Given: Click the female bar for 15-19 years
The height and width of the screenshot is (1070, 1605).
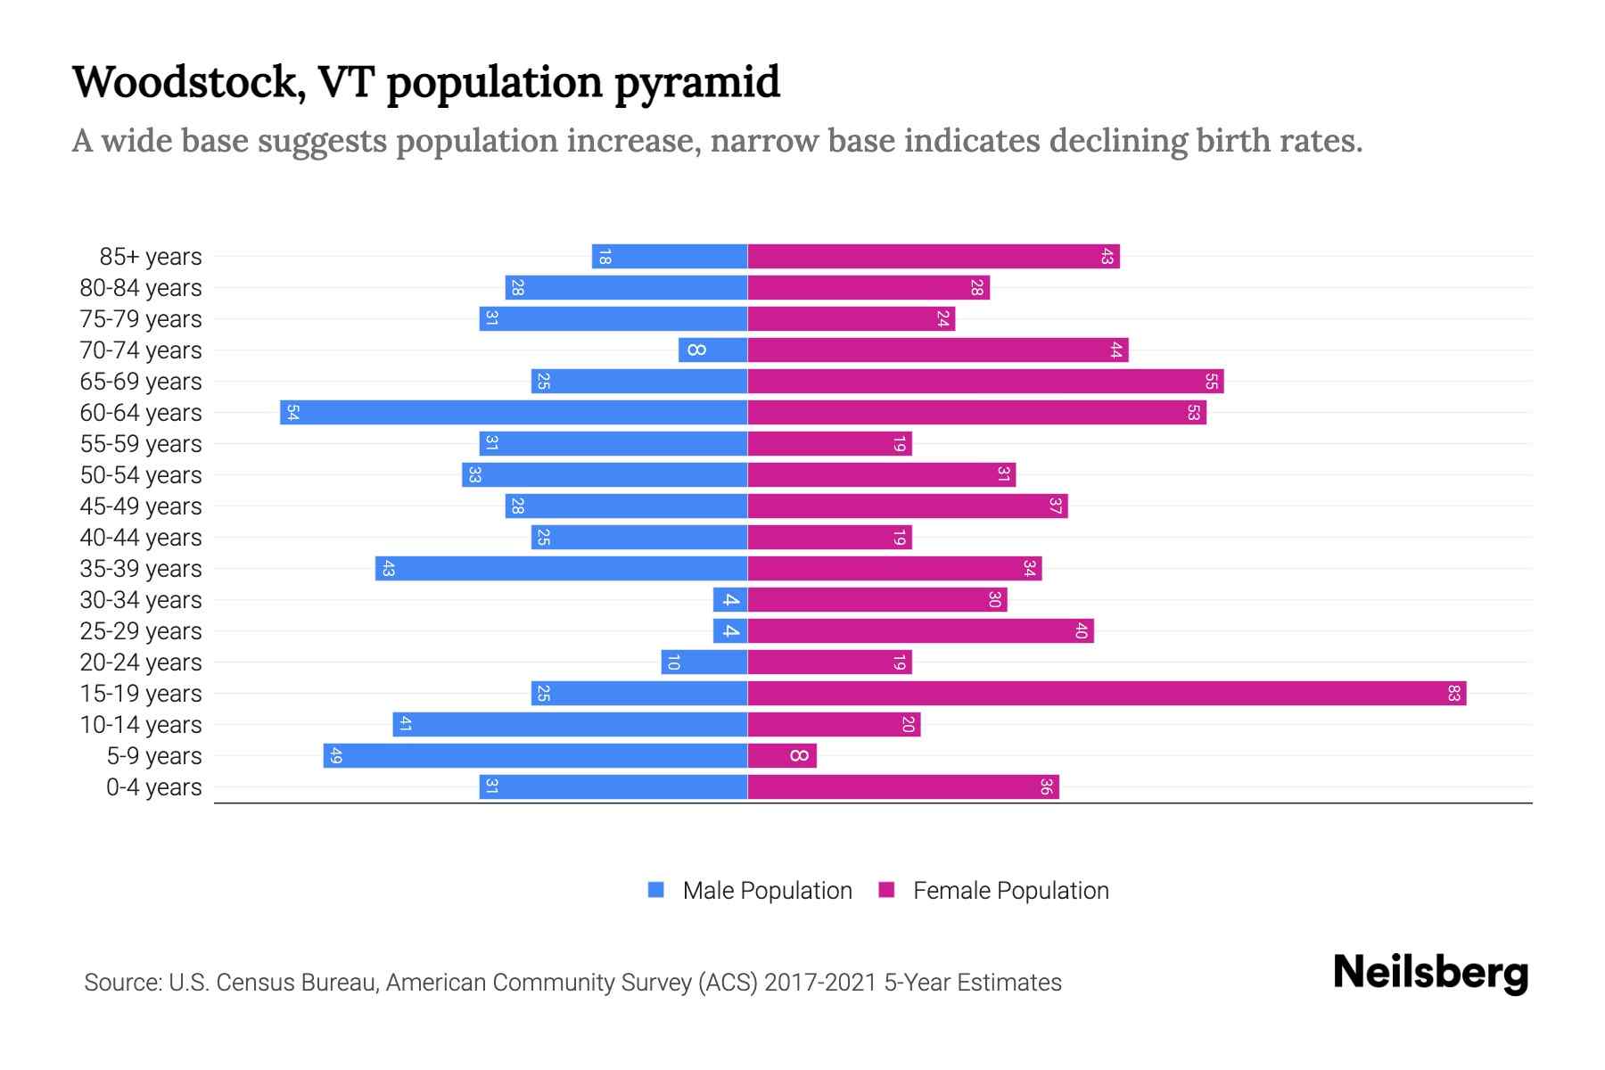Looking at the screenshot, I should coord(1106,694).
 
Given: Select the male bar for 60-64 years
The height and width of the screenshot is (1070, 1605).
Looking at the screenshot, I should coord(514,413).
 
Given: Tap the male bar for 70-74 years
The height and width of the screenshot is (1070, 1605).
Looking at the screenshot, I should coord(712,350).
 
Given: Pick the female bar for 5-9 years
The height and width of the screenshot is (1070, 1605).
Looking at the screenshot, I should coord(781,756).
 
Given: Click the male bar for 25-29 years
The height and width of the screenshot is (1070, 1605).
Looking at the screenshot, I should coord(729,631).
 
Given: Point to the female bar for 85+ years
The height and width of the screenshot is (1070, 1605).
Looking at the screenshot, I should coord(933,257).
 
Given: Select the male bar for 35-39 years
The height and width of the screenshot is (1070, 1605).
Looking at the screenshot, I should coord(561,569).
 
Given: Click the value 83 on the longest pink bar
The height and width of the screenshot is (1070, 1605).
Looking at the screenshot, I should coord(1453,694).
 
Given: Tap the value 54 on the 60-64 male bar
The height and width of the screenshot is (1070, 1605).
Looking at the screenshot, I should coord(292,413).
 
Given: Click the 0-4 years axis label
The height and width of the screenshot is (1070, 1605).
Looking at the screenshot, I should coord(153,787).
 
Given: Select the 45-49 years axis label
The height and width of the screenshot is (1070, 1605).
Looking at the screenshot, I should coord(141,506).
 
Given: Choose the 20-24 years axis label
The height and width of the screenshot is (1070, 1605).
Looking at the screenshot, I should coord(141,663).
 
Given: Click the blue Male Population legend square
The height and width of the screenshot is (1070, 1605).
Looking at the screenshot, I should coord(656,890).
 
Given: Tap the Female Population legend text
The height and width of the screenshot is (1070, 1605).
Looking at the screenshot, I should coord(1010,891).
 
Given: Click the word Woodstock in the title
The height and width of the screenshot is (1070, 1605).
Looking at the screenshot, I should coord(183,82).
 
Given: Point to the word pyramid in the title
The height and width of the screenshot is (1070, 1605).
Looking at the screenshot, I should coord(696,82).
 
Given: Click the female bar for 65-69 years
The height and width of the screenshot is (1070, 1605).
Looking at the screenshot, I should coord(985,382).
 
